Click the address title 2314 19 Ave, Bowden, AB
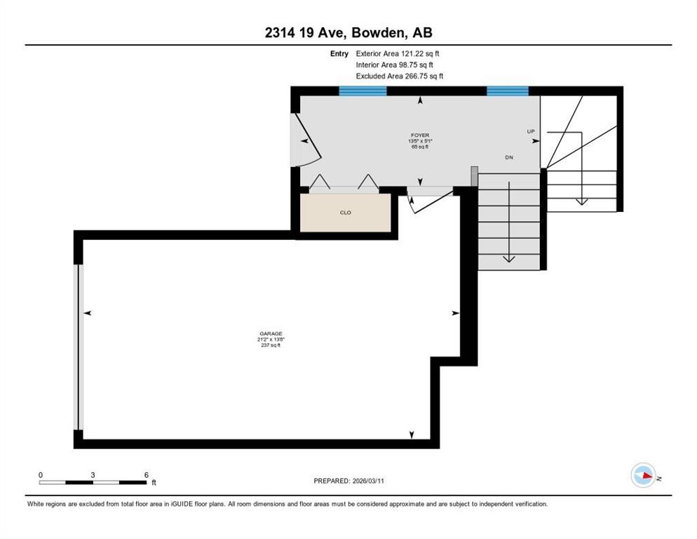point(348,33)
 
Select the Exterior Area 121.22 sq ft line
point(398,53)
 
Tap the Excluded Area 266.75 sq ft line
point(400,76)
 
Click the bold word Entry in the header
point(339,53)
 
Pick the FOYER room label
point(420,135)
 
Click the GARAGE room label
point(270,334)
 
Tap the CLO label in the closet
point(345,212)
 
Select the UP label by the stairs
point(531,131)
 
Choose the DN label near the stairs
point(509,158)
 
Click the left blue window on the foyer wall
point(363,91)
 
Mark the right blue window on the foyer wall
point(507,91)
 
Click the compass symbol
point(643,476)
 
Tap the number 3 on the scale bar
point(93,475)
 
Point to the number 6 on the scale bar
point(146,475)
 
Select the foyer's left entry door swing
point(305,140)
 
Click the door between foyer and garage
point(424,199)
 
